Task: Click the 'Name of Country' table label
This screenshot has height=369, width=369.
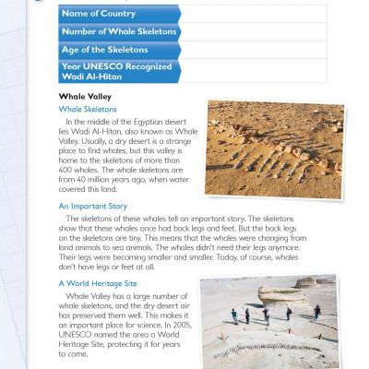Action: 99,12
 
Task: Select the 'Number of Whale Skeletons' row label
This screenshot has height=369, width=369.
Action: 117,30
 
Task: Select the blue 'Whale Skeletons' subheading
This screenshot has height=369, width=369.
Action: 89,109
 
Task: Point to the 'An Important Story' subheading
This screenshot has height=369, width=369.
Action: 93,206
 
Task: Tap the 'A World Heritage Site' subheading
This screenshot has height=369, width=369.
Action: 97,283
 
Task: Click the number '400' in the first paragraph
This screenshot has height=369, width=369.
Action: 68,172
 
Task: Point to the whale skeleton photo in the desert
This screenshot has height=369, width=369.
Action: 274,149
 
